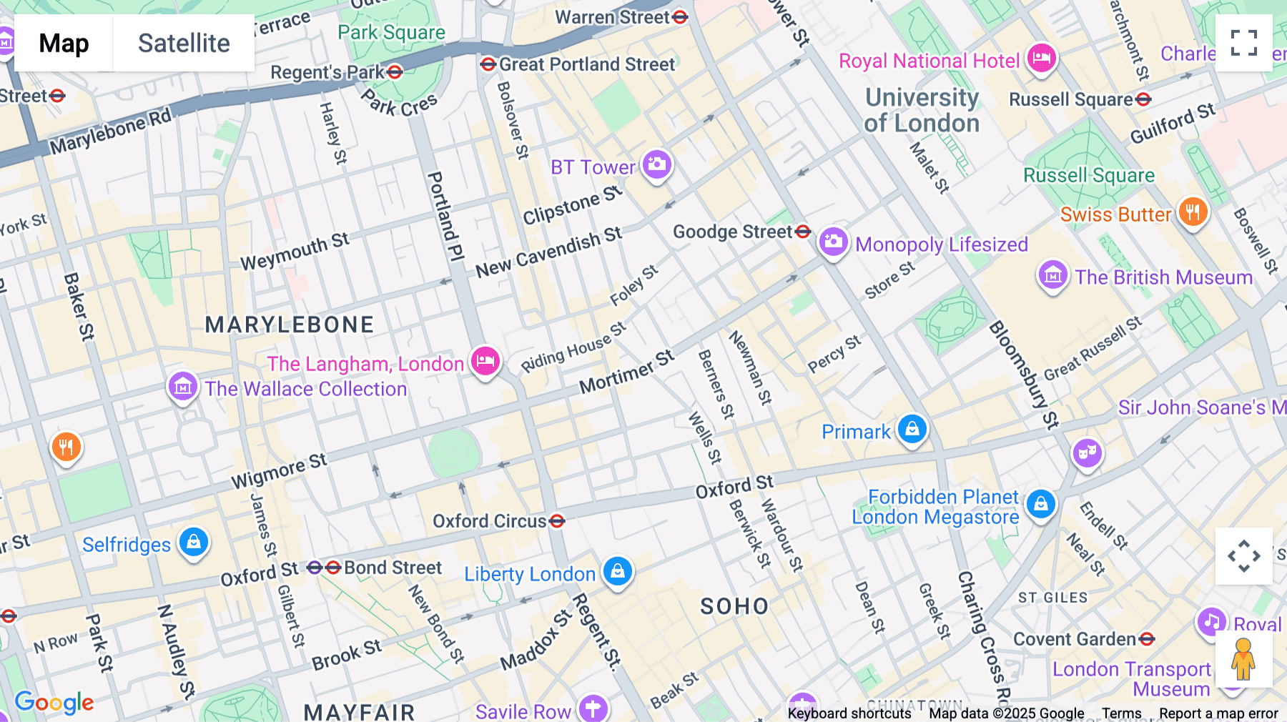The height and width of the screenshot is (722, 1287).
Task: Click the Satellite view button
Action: tap(184, 43)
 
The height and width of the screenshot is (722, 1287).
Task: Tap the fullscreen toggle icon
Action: tap(1243, 43)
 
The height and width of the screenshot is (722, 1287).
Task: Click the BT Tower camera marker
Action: tap(656, 165)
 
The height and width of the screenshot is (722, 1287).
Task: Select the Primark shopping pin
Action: tap(912, 430)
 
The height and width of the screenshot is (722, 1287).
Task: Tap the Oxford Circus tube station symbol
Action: tap(557, 521)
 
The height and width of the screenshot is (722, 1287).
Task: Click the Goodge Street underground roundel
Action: tap(803, 231)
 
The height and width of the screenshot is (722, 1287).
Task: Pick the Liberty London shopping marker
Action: tap(618, 572)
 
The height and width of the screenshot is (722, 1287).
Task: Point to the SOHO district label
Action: tap(734, 606)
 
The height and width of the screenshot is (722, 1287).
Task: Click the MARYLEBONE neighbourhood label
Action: tap(289, 325)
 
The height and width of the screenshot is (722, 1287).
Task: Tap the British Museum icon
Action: tap(1052, 275)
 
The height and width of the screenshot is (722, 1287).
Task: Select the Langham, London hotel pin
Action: tap(485, 361)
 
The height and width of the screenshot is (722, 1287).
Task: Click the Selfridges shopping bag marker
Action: tap(193, 543)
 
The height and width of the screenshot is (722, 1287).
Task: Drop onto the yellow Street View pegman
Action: tap(1243, 659)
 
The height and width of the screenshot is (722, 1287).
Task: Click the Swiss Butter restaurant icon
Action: tap(1193, 212)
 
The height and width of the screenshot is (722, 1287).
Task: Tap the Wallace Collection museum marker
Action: tap(182, 387)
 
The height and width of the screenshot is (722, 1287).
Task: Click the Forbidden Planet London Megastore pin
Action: tap(1040, 504)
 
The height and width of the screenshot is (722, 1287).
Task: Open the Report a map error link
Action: tap(1218, 713)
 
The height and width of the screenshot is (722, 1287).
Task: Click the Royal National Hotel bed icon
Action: tap(1041, 58)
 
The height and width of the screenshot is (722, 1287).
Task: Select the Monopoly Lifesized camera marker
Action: tap(833, 242)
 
